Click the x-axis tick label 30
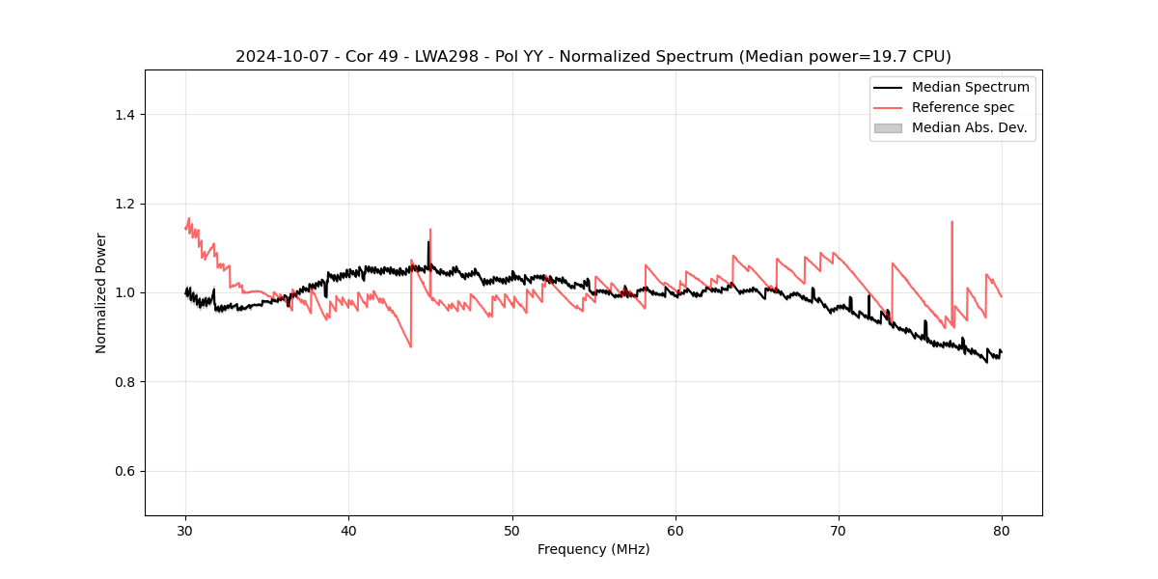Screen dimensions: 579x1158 point(185,530)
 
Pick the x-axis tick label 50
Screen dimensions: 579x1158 point(511,530)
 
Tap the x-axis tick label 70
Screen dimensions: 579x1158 point(839,530)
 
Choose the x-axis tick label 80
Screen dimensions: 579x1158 point(1002,530)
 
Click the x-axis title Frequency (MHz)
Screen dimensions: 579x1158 point(593,549)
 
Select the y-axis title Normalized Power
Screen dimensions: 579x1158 point(101,292)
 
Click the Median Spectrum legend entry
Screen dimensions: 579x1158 point(970,87)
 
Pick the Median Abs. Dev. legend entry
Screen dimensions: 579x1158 point(969,127)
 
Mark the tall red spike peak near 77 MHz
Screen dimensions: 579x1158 point(951,222)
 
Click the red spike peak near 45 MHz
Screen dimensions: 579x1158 point(430,230)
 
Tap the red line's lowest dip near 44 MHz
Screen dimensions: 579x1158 point(411,346)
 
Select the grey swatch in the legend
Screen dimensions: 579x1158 point(888,127)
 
